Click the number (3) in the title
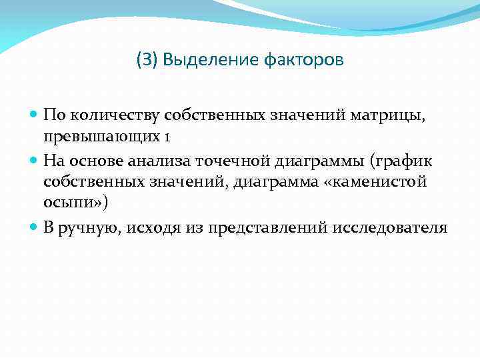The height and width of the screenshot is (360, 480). (147, 61)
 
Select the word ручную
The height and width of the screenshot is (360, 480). (87, 228)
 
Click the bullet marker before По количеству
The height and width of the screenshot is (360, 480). (33, 115)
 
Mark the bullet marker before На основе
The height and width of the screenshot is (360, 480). (33, 161)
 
